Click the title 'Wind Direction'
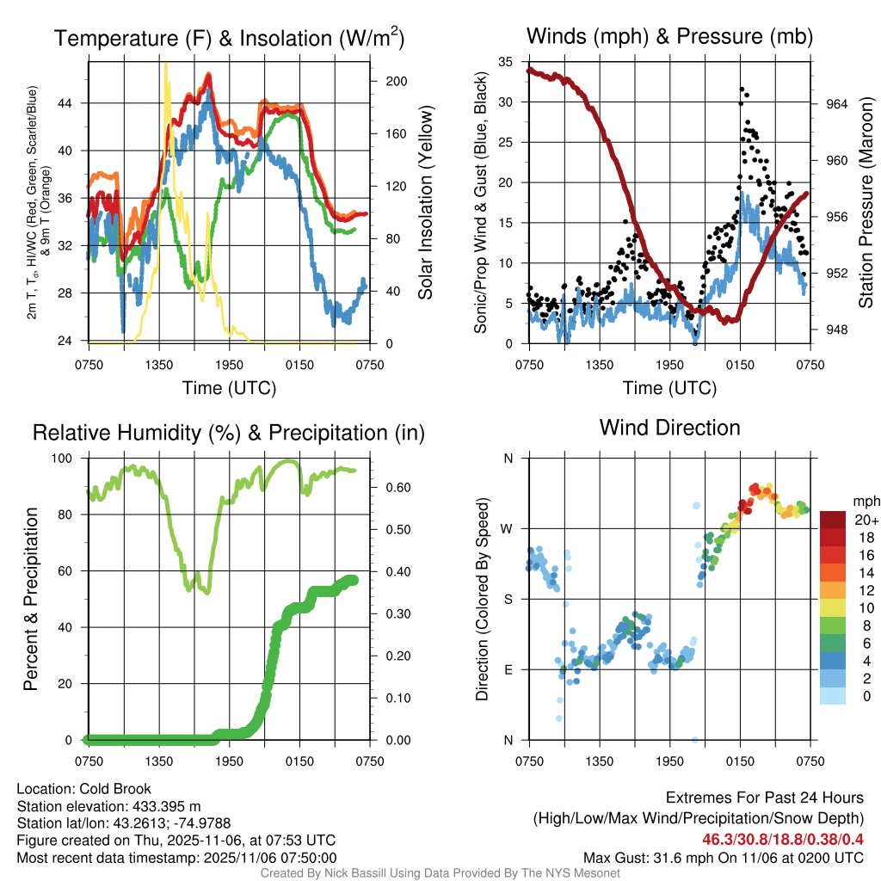[x=669, y=428]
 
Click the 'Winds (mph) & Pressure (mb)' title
[x=669, y=36]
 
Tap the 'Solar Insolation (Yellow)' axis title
[x=425, y=202]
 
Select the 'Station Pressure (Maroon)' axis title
[x=866, y=202]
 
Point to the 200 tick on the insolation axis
[x=397, y=81]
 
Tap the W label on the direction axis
[x=508, y=528]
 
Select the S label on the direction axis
[x=508, y=599]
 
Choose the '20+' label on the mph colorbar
[x=864, y=520]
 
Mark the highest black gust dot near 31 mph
[x=741, y=89]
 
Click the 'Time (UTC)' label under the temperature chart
[x=229, y=388]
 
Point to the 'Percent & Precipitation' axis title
[x=31, y=599]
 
